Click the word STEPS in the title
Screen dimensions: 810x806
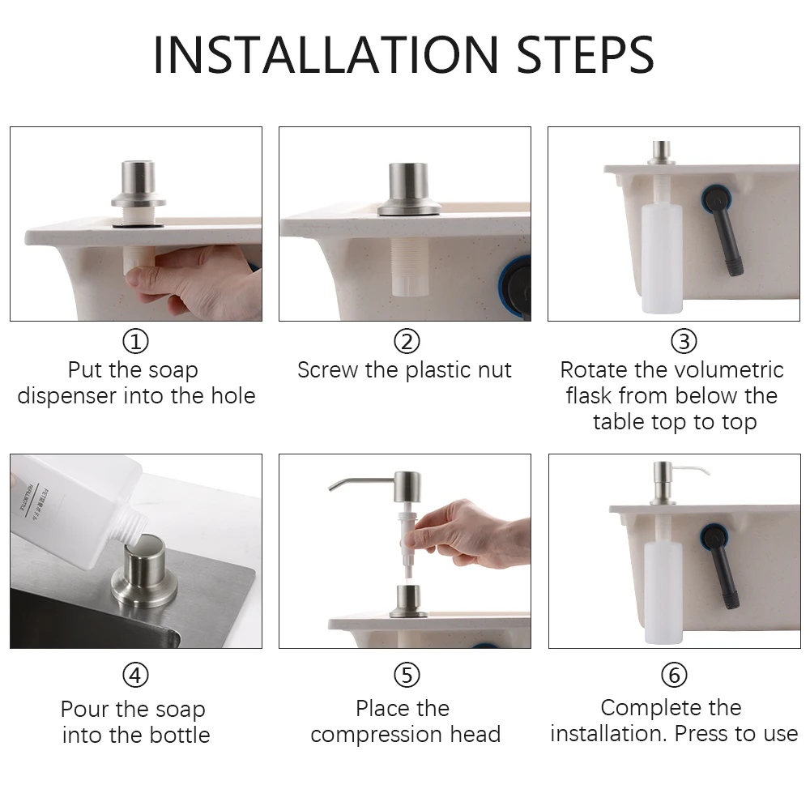pyautogui.click(x=586, y=55)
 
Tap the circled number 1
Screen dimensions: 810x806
pyautogui.click(x=135, y=341)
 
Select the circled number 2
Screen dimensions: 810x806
pyautogui.click(x=407, y=341)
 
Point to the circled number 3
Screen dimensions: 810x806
pyautogui.click(x=684, y=341)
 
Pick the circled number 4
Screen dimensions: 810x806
pyautogui.click(x=135, y=675)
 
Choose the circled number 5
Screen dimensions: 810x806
pyautogui.click(x=407, y=675)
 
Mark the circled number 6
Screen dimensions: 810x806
pyautogui.click(x=674, y=675)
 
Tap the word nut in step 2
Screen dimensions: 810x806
pyautogui.click(x=494, y=370)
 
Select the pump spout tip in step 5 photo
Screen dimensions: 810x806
pyautogui.click(x=331, y=488)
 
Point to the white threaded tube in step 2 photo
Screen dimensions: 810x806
pyautogui.click(x=410, y=267)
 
